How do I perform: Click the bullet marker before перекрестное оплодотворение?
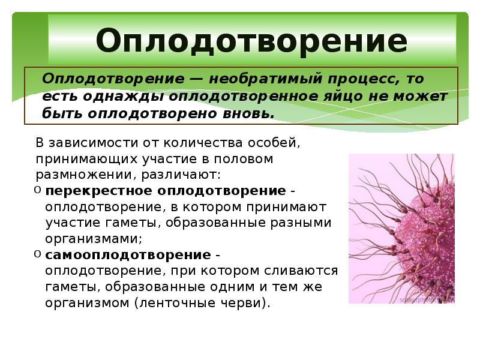click(38, 191)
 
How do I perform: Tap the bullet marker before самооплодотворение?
click(38, 254)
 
